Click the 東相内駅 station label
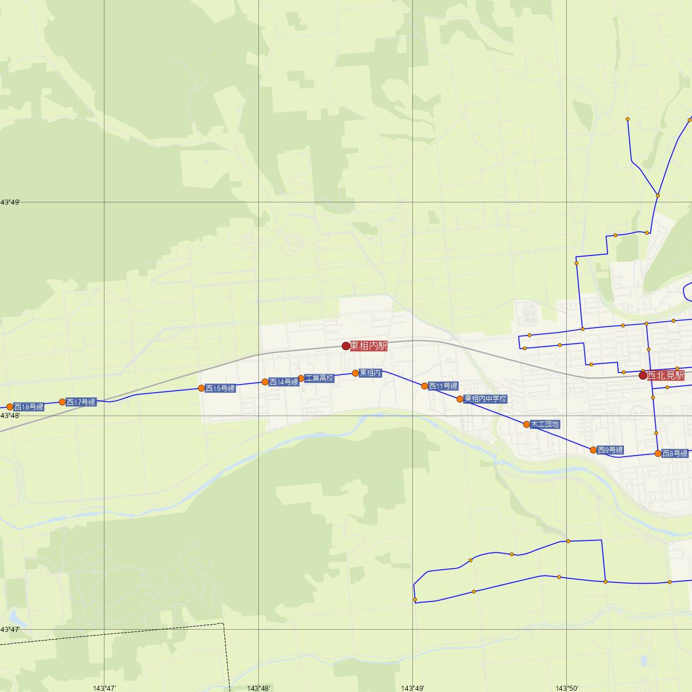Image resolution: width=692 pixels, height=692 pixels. tap(368, 346)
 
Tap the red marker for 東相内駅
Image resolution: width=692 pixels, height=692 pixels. tap(346, 346)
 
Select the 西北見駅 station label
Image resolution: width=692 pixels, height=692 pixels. tap(665, 375)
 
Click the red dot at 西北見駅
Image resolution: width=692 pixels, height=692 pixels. tap(643, 375)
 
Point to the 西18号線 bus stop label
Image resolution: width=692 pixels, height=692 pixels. tap(29, 407)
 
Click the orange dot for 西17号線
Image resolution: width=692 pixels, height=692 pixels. tap(62, 402)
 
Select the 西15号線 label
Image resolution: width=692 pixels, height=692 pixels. tap(220, 388)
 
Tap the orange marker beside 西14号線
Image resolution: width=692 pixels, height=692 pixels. tap(265, 382)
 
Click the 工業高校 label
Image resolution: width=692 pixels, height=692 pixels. tap(319, 378)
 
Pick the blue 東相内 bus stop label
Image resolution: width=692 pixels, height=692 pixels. tap(370, 373)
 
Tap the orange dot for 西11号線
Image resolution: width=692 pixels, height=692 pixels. tap(425, 386)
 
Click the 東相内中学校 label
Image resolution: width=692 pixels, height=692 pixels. tap(486, 399)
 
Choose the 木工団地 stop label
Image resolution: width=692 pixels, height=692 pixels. tap(545, 424)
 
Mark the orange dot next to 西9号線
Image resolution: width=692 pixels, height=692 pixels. tap(593, 450)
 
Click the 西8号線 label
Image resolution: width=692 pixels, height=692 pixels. tap(675, 453)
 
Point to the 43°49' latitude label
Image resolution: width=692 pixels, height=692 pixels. tap(10, 202)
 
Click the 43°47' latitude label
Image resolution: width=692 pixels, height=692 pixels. tap(10, 630)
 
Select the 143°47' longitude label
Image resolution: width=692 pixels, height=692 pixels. tap(104, 688)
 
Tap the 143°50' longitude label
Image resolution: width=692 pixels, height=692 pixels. tap(567, 688)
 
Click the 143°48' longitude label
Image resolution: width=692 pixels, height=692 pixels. tap(258, 688)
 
